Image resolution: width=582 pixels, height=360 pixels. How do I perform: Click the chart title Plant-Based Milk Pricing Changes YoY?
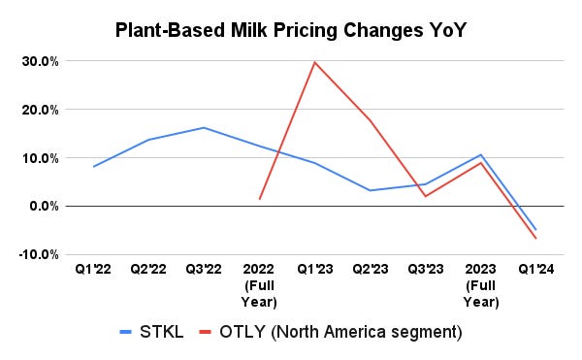coord(290,29)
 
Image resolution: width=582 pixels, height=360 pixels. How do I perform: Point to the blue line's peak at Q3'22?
coord(204,127)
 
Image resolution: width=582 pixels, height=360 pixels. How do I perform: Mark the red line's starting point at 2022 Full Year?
coord(260,199)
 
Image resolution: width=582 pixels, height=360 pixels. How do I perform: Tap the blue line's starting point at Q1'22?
coord(92,167)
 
